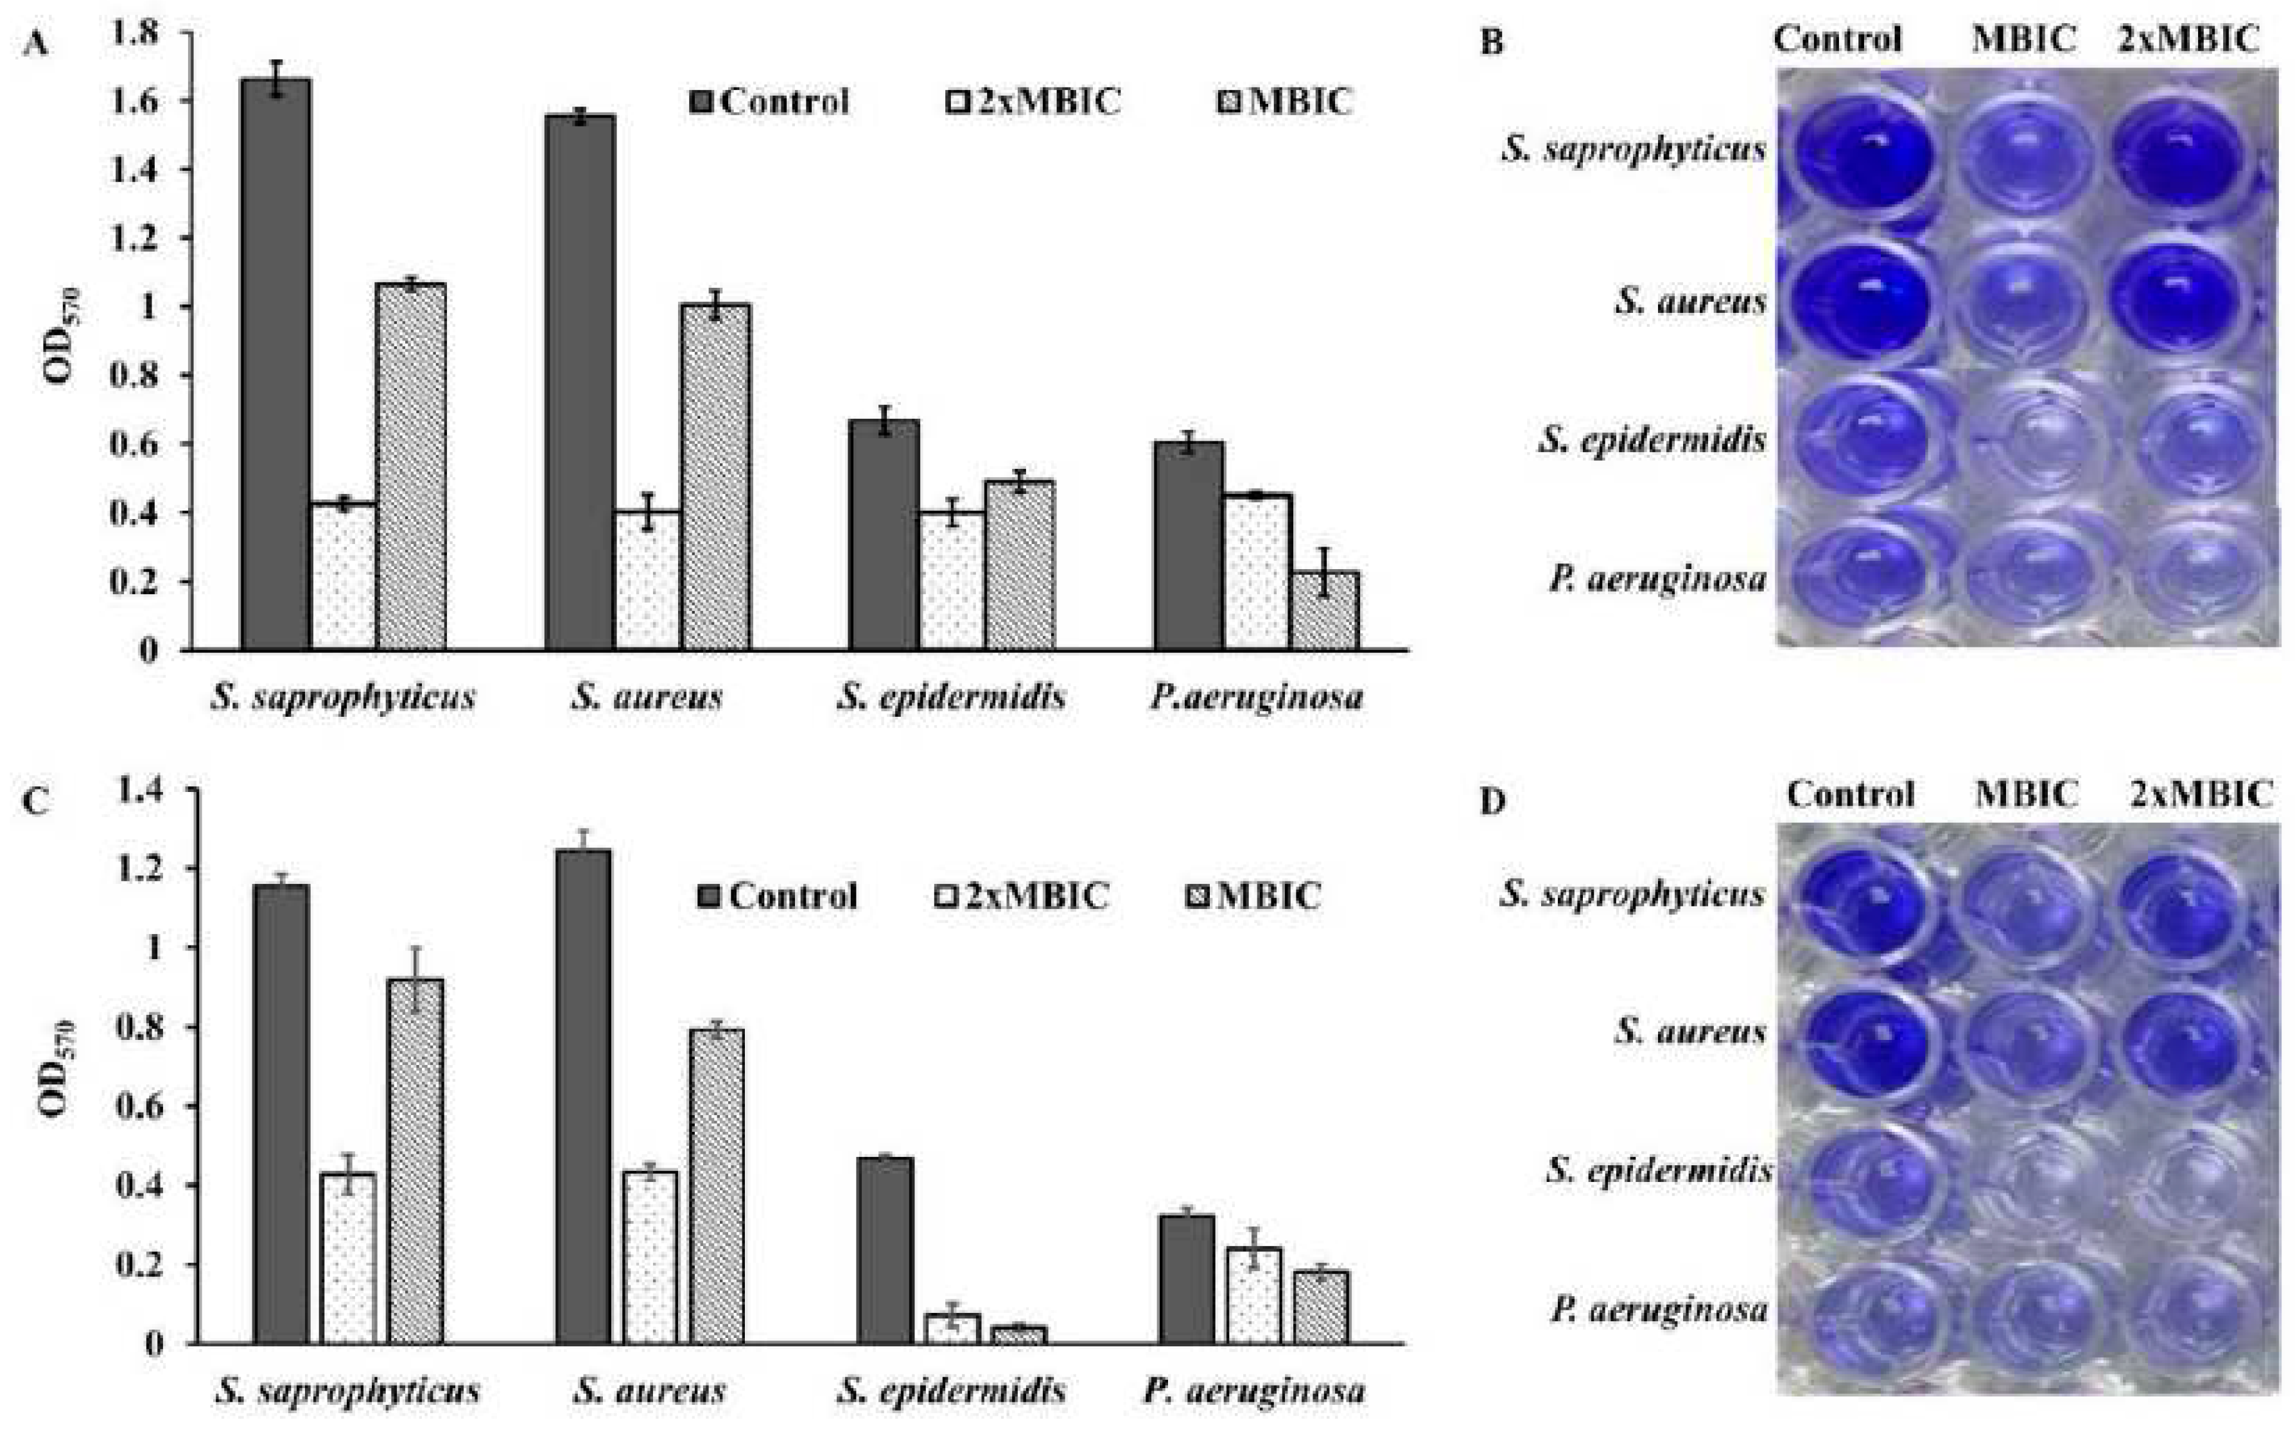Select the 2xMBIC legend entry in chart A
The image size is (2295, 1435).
[1034, 101]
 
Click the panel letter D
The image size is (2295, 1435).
[1492, 802]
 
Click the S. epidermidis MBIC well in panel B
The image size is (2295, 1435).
[2021, 439]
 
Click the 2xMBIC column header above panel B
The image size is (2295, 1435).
[2188, 39]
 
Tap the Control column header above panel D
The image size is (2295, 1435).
[1850, 793]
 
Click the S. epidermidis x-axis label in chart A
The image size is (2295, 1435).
[950, 698]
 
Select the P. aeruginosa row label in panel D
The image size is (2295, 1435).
[1659, 1310]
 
